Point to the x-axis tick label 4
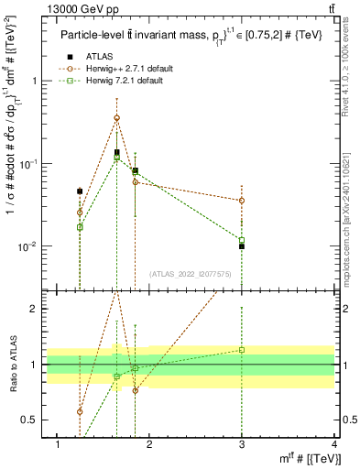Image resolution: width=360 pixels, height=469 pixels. pyautogui.click(x=334, y=444)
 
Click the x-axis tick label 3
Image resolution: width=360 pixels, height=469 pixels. pyautogui.click(x=242, y=444)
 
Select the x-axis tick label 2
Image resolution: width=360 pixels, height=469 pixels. pyautogui.click(x=150, y=444)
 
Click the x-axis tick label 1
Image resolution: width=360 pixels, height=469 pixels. pyautogui.click(x=58, y=444)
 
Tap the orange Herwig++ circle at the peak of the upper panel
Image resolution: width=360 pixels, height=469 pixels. pyautogui.click(x=116, y=117)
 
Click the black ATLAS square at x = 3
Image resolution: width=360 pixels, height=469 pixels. pyautogui.click(x=242, y=246)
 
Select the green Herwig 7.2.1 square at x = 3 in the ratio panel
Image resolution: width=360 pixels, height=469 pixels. pyautogui.click(x=242, y=349)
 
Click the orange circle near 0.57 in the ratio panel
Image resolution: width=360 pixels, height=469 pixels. pyautogui.click(x=80, y=411)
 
